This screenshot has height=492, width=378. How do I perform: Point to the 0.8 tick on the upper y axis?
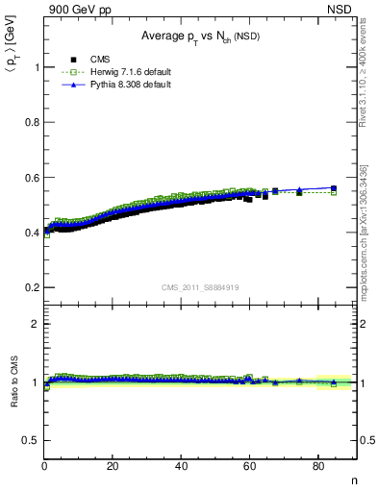[x=34, y=122]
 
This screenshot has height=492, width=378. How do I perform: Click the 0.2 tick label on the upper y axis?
[x=34, y=287]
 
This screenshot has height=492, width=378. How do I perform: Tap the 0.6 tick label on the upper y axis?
[x=34, y=178]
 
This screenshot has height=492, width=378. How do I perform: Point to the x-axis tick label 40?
[x=182, y=466]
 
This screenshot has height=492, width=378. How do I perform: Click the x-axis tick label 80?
[x=318, y=466]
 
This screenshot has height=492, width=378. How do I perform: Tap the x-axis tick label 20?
[x=113, y=466]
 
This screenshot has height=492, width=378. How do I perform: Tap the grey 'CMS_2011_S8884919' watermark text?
[x=201, y=286]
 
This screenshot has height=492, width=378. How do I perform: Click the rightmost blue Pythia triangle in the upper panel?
[x=334, y=187]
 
